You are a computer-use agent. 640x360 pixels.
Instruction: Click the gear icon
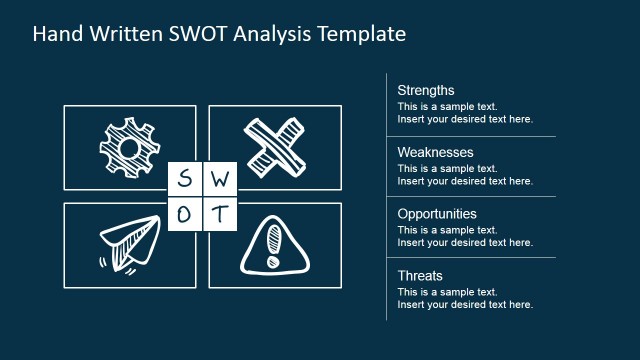[x=129, y=147]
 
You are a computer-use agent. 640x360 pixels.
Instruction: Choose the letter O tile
[x=184, y=214]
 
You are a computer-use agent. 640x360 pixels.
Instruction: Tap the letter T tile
[x=221, y=214]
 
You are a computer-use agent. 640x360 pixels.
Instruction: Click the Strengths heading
[x=425, y=90]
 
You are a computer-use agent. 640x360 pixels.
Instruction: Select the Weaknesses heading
[x=435, y=152]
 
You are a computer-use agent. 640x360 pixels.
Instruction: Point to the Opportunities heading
[x=437, y=214]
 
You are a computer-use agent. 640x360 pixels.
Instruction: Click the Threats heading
[x=419, y=276]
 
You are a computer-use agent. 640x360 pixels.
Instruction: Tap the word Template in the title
[x=363, y=34]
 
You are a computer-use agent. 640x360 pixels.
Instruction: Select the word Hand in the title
[x=56, y=34]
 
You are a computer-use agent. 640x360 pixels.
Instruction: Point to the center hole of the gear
[x=127, y=148]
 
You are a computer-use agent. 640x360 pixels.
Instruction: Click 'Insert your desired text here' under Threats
[x=465, y=305]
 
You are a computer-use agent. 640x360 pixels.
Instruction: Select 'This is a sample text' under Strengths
[x=446, y=106]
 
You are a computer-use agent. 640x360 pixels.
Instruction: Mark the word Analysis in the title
[x=277, y=34]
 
